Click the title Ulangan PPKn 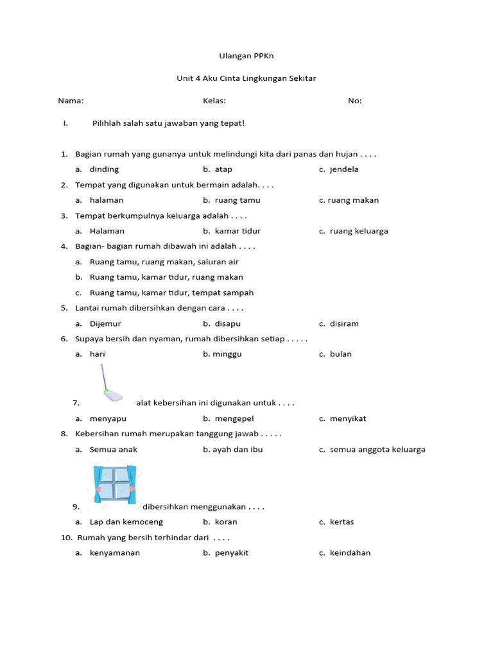246,56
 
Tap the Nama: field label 71,101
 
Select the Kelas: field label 214,101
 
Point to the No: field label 355,101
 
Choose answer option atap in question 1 223,169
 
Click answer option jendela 344,169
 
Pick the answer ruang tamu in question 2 238,200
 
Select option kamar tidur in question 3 238,231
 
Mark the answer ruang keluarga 359,231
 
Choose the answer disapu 228,323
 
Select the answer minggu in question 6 227,354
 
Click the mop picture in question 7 110,384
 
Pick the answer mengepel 234,419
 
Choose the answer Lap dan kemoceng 126,522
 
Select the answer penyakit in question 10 231,553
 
